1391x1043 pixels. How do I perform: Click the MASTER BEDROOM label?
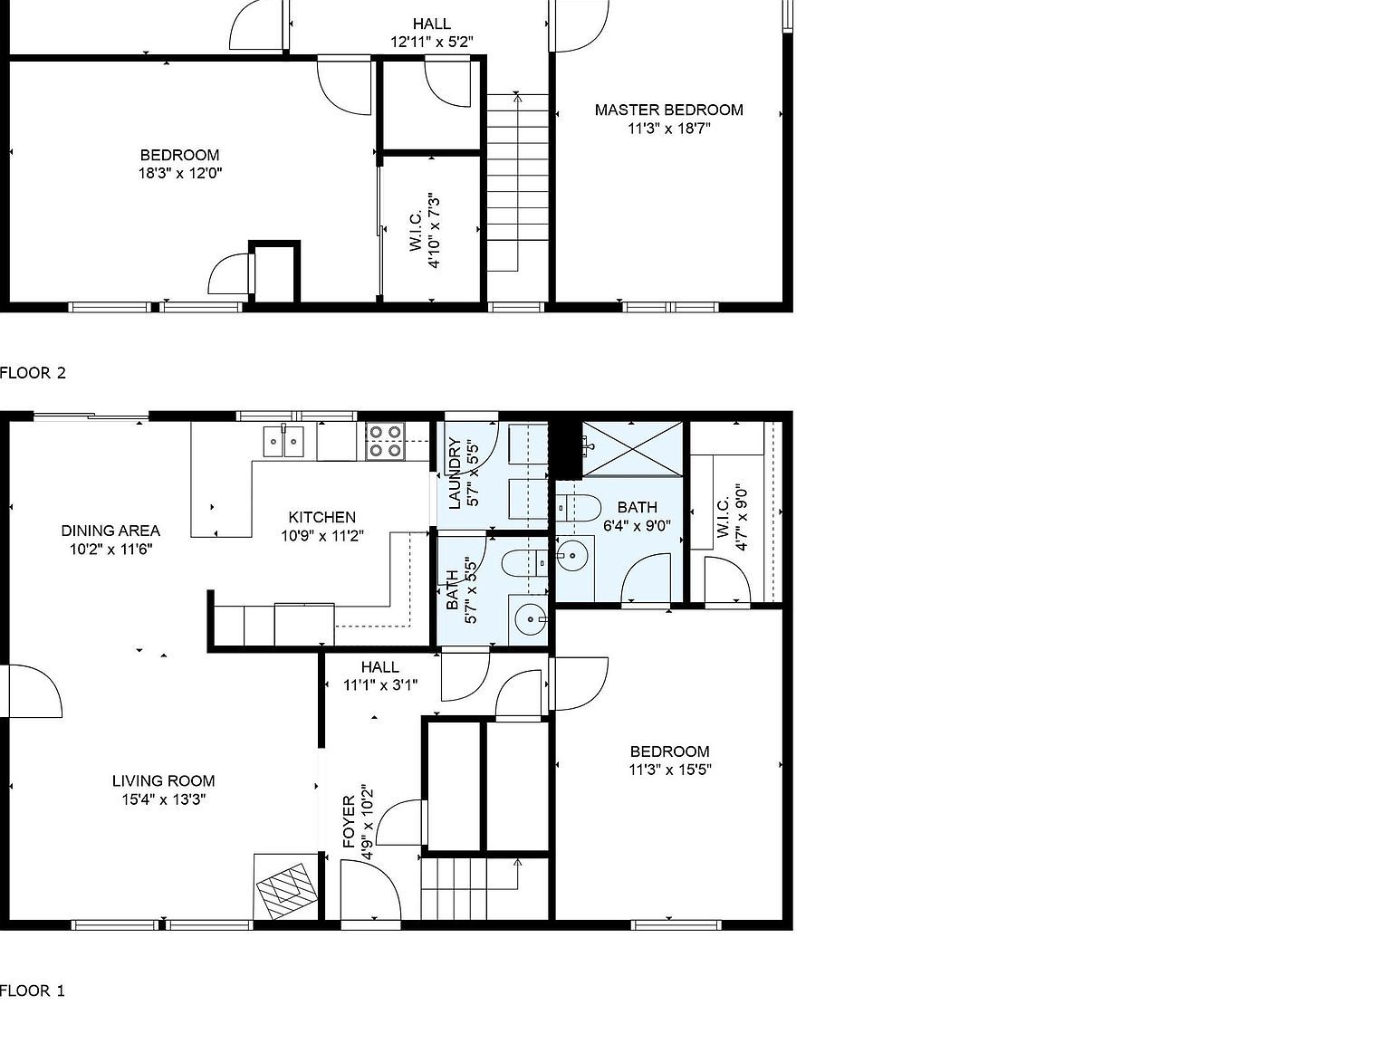pyautogui.click(x=668, y=110)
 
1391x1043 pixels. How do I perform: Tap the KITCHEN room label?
pyautogui.click(x=321, y=517)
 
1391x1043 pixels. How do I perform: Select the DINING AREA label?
pyautogui.click(x=110, y=530)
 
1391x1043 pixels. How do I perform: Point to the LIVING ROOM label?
pyautogui.click(x=164, y=780)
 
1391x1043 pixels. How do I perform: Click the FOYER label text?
pyautogui.click(x=350, y=822)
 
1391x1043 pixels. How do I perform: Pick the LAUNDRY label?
pyautogui.click(x=455, y=474)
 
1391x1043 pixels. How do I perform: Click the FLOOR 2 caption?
pyautogui.click(x=33, y=373)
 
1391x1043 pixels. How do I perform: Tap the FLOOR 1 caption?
pyautogui.click(x=33, y=990)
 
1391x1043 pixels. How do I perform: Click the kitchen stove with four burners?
pyautogui.click(x=386, y=441)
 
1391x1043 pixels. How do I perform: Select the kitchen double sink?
pyautogui.click(x=283, y=441)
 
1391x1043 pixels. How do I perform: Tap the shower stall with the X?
pyautogui.click(x=632, y=448)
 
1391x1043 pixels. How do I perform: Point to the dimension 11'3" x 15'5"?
pyautogui.click(x=670, y=770)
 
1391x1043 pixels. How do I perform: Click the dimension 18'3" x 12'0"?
pyautogui.click(x=180, y=173)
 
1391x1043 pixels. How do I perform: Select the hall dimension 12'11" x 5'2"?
pyautogui.click(x=432, y=42)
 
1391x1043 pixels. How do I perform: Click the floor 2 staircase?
pyautogui.click(x=518, y=182)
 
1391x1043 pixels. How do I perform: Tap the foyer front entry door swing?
pyautogui.click(x=370, y=889)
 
